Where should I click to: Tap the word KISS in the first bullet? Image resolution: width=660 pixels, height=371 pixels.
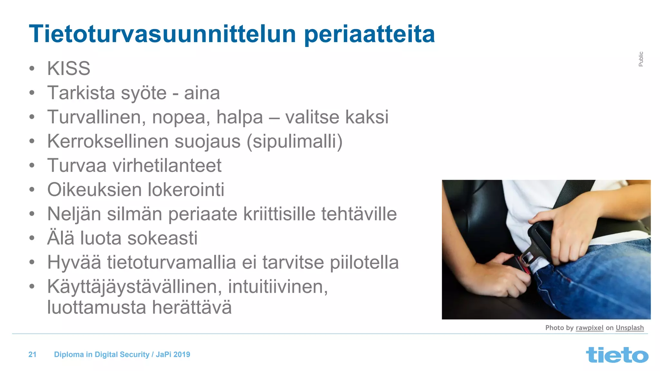click(x=69, y=68)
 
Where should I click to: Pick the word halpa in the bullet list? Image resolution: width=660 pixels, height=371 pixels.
click(x=239, y=117)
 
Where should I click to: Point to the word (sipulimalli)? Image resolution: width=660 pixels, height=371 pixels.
click(x=295, y=142)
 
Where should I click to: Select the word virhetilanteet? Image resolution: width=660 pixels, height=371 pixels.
click(x=167, y=166)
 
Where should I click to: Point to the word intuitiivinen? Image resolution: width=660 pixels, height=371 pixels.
click(x=278, y=287)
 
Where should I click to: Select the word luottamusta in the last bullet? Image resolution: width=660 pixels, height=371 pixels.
click(x=97, y=307)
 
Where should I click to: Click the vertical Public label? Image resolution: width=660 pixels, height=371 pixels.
click(x=641, y=59)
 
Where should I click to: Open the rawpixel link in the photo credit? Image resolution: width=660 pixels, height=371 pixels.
click(x=589, y=328)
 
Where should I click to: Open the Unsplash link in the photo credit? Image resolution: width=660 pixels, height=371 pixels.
click(x=629, y=328)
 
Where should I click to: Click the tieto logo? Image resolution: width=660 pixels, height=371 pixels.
click(x=617, y=355)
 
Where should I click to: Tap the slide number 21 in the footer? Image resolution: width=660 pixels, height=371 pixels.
click(x=32, y=355)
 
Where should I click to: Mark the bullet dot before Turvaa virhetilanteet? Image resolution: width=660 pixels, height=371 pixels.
click(x=32, y=166)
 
